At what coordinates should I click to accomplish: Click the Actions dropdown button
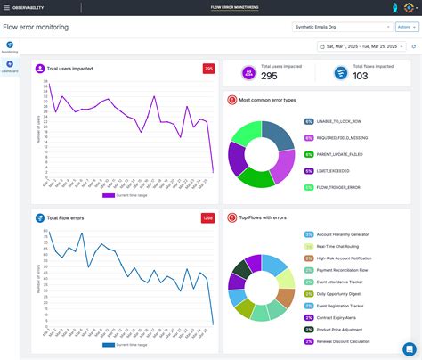coord(406,27)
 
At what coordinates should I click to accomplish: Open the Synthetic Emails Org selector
coord(342,27)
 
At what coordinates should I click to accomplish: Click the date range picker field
coord(361,46)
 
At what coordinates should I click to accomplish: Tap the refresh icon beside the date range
coord(413,46)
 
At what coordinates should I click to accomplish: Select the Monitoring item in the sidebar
coord(10,46)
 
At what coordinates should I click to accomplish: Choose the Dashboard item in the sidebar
coord(10,68)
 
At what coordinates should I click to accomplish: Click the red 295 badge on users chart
coord(207,69)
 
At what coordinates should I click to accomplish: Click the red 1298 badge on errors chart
coord(207,217)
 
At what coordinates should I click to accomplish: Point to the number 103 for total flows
coord(360,76)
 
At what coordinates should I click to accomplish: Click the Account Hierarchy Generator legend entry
coord(344,234)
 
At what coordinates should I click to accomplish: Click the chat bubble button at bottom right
coord(409,348)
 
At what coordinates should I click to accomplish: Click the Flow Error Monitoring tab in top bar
coord(235,7)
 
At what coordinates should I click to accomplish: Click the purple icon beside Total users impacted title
coord(40,69)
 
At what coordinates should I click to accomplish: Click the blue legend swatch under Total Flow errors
coord(109,344)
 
